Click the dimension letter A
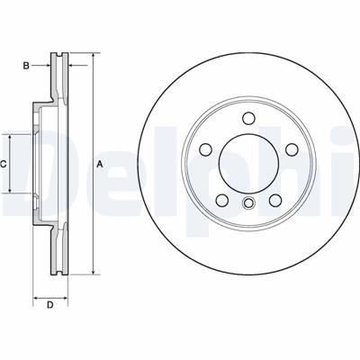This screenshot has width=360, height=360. coord(100,164)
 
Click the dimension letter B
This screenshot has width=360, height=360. coord(26,66)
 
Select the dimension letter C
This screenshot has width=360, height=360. coord(3,164)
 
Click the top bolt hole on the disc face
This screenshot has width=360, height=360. coord(248,118)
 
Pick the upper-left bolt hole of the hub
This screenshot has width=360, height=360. coord(206,149)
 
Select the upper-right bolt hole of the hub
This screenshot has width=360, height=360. coord(292,149)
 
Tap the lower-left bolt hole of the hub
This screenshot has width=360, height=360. coord(222,200)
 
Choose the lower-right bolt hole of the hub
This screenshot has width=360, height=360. coord(275,201)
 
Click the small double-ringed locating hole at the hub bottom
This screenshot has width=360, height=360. coord(248,202)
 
